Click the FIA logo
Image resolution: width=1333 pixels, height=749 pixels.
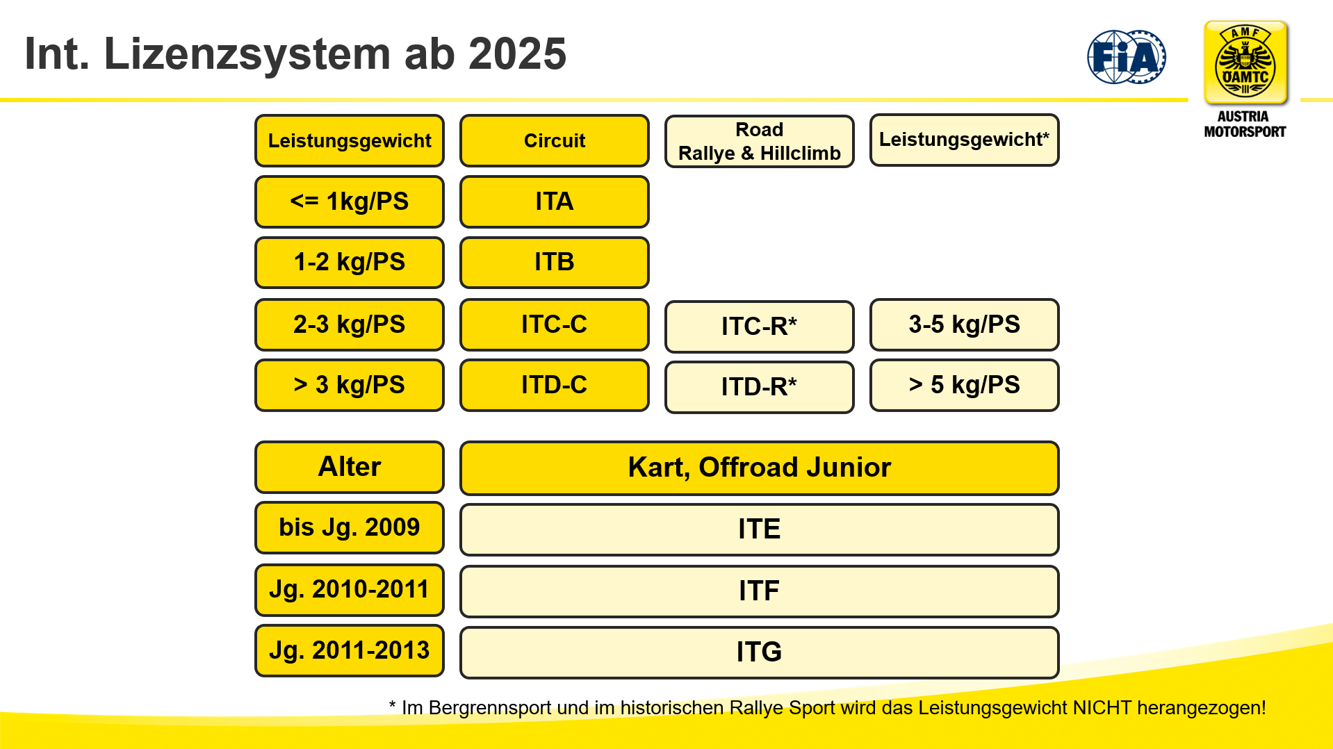point(1127,57)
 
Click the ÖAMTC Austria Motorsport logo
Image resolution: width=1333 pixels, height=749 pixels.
point(1245,80)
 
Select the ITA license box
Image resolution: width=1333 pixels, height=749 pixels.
point(555,201)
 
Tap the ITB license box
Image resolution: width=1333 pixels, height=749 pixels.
point(555,263)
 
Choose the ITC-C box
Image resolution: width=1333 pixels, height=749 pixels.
point(555,324)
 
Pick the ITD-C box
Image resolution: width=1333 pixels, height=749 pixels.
point(555,385)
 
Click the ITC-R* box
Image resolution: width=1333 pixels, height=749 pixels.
point(760,327)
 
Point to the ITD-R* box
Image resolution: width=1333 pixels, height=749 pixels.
point(760,387)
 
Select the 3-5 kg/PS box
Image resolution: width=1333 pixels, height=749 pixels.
point(965,324)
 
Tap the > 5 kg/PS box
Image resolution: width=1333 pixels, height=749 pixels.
point(965,385)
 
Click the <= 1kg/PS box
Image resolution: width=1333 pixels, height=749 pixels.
point(350,201)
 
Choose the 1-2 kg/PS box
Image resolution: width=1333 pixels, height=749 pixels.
point(350,263)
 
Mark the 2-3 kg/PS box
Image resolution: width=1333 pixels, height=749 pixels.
point(350,324)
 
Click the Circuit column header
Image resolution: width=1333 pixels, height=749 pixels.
point(555,140)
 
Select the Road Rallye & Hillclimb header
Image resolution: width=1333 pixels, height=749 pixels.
point(760,141)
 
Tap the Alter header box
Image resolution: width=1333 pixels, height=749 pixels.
point(350,467)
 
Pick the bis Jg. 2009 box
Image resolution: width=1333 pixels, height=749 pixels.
point(350,527)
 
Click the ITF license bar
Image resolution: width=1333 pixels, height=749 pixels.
point(760,591)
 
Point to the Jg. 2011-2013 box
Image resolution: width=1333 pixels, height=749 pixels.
point(350,651)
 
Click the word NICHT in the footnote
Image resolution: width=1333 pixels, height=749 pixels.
point(1102,708)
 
